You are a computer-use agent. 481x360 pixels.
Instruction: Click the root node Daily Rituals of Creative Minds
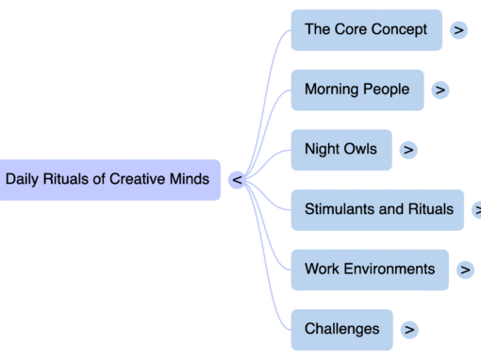(x=108, y=179)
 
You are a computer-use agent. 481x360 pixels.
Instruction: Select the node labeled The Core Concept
(x=366, y=29)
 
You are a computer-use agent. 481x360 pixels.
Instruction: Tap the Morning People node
(x=357, y=90)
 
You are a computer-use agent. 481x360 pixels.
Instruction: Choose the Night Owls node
(x=340, y=149)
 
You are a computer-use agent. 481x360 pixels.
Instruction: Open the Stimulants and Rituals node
(x=378, y=209)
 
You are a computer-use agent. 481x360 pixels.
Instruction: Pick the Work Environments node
(x=370, y=269)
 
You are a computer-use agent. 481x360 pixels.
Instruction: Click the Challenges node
(x=341, y=329)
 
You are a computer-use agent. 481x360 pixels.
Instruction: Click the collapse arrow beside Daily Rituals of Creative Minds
(x=237, y=179)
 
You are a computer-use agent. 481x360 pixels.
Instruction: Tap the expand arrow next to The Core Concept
(x=459, y=30)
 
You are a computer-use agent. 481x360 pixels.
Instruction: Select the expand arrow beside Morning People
(x=440, y=90)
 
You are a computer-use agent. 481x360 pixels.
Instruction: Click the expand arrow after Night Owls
(x=408, y=150)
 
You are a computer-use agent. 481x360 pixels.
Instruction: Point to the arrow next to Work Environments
(x=465, y=270)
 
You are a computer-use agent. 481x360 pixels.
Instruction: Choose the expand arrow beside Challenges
(x=409, y=330)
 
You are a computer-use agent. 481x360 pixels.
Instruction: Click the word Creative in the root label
(x=137, y=179)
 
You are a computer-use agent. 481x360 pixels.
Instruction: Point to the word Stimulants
(x=340, y=209)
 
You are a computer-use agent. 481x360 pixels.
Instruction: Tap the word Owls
(x=359, y=149)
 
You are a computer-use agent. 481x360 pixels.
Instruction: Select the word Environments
(x=390, y=269)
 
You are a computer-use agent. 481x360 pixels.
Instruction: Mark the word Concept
(x=400, y=29)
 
